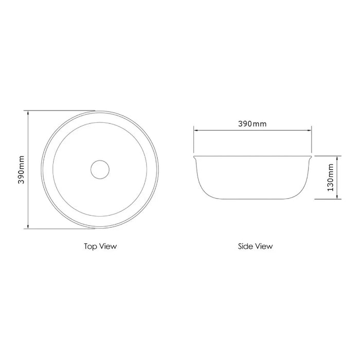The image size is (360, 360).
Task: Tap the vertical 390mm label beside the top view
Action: (22, 170)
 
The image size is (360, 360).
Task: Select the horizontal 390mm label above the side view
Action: (252, 124)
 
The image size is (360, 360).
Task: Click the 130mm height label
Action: (330, 177)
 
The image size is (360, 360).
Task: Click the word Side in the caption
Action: (244, 246)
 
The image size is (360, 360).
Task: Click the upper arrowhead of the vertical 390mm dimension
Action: (28, 113)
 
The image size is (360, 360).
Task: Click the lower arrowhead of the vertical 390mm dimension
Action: (28, 227)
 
